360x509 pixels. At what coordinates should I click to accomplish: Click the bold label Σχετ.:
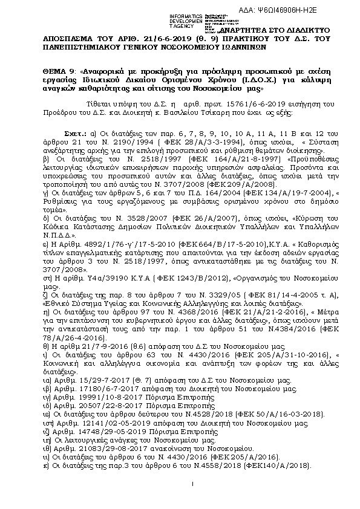pyautogui.click(x=76, y=132)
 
